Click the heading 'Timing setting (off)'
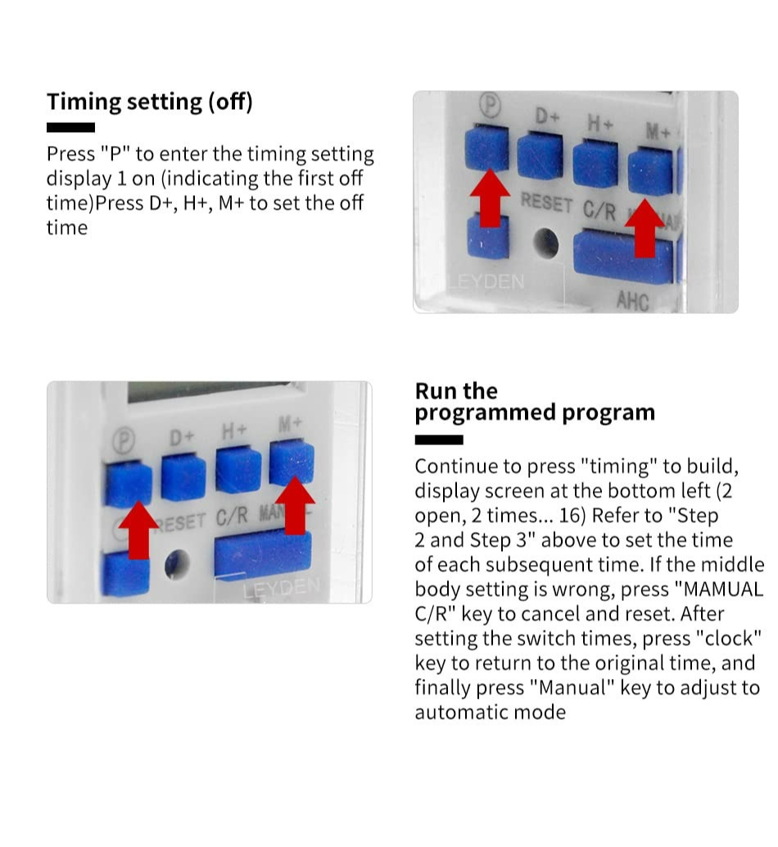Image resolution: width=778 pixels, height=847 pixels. point(149,102)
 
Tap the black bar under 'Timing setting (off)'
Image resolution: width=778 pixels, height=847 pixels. point(70,127)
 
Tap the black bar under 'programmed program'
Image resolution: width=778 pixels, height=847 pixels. point(438,440)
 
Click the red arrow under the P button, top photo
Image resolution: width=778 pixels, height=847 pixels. point(489,197)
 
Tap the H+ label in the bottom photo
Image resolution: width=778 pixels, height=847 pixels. point(234,430)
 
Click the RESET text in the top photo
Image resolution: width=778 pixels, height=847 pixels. point(546,203)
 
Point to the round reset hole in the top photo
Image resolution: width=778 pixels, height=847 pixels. point(545,244)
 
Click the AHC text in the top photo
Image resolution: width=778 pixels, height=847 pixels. point(632,301)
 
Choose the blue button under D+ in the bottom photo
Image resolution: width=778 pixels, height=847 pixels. point(183,478)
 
